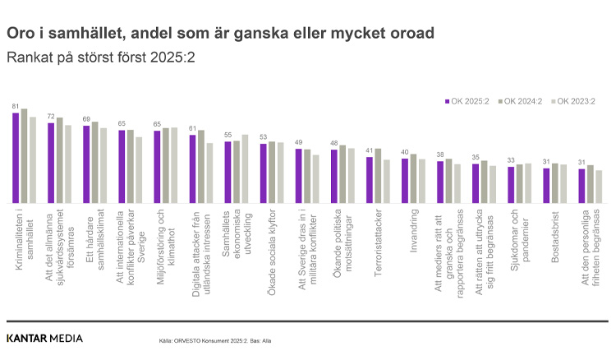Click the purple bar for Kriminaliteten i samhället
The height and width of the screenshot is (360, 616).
16,158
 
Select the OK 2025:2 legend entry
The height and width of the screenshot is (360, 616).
470,101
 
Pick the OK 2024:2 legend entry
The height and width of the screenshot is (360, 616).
523,101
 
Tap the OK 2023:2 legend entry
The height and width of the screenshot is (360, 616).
576,101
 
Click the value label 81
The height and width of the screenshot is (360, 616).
16,107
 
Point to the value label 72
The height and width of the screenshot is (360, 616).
51,118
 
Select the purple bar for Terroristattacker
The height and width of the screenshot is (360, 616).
370,180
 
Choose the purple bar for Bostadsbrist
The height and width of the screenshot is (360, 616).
546,185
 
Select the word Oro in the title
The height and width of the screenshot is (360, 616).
21,35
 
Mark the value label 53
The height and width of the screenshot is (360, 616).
263,137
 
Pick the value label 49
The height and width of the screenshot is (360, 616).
298,142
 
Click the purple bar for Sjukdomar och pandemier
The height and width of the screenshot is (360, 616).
511,185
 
